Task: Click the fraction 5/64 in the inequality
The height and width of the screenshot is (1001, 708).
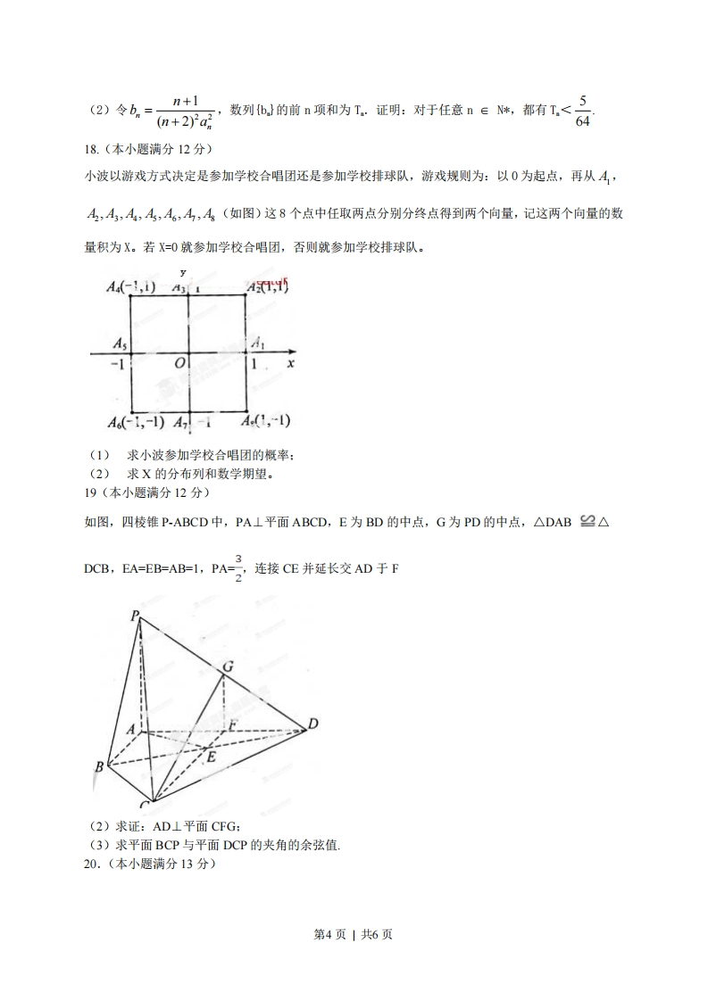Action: click(x=583, y=111)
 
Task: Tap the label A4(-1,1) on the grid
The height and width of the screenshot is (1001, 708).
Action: click(x=130, y=287)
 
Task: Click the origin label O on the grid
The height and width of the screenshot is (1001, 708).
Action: click(x=179, y=365)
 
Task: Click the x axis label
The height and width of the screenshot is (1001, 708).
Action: click(x=291, y=364)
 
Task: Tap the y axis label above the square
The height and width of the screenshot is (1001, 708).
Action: click(x=183, y=272)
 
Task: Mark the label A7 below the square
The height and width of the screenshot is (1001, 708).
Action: click(x=181, y=421)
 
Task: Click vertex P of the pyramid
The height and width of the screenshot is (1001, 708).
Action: click(x=135, y=616)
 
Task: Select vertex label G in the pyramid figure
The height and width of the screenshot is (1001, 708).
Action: click(x=229, y=666)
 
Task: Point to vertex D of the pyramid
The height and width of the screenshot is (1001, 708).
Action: click(x=312, y=724)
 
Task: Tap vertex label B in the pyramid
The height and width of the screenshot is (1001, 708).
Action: click(x=98, y=766)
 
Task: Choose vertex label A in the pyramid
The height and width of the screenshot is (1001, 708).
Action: click(x=131, y=728)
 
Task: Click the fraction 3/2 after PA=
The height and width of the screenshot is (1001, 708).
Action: click(x=238, y=567)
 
